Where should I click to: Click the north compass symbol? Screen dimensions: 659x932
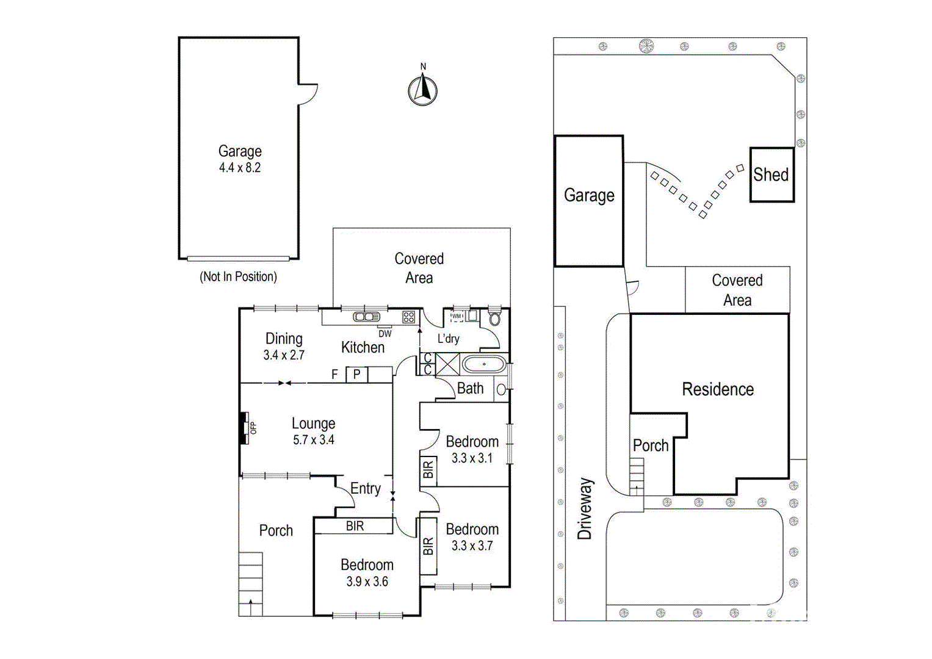tap(422, 90)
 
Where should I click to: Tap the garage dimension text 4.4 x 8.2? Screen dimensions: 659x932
tap(240, 168)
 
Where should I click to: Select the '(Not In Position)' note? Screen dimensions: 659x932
tap(238, 276)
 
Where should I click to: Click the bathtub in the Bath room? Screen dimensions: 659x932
tap(484, 365)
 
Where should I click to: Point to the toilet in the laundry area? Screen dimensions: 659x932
tap(494, 317)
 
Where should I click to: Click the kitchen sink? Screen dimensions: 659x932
tap(366, 317)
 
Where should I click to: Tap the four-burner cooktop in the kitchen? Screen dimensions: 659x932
tap(409, 317)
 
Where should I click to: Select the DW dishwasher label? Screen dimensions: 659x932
tap(385, 334)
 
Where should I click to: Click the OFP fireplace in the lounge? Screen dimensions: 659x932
tap(247, 428)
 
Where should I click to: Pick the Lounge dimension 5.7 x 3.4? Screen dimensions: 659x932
tap(313, 440)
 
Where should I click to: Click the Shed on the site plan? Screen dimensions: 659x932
tap(771, 175)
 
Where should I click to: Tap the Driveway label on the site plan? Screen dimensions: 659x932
tap(585, 508)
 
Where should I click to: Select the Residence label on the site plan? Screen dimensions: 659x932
tap(718, 389)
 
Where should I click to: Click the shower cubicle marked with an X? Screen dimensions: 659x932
tap(447, 365)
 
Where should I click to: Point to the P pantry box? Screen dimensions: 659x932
tap(357, 375)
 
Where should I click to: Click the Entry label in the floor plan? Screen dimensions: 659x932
tap(365, 489)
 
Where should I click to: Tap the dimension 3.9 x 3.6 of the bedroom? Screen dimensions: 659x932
tap(367, 582)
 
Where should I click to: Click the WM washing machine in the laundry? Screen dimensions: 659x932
tap(457, 316)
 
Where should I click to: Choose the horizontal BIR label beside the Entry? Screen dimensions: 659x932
tap(355, 526)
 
